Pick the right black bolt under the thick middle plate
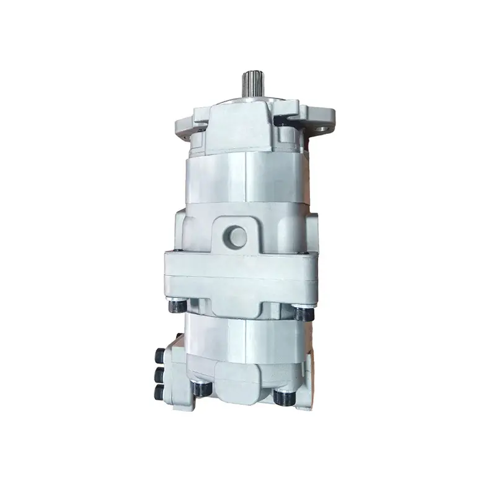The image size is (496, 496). (302, 312)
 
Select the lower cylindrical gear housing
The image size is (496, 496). (248, 341)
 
